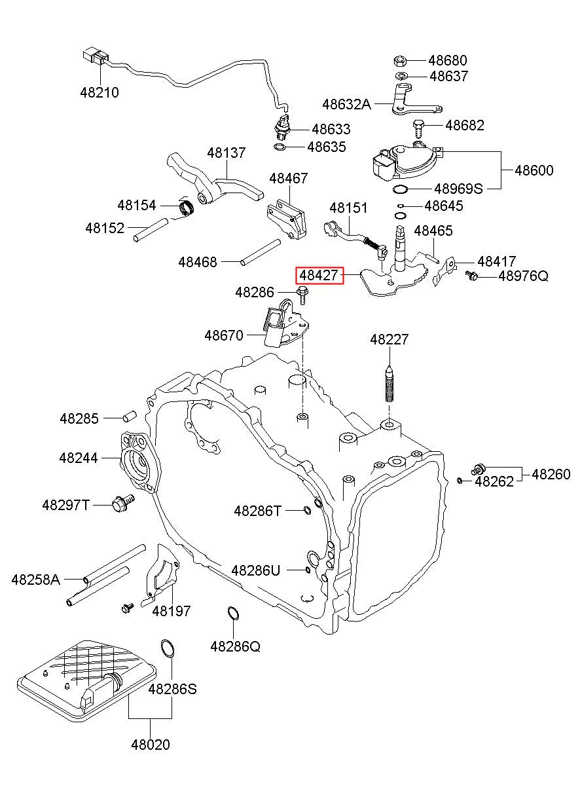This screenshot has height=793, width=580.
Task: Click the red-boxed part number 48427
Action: (x=319, y=276)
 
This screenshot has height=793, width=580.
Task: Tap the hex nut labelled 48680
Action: (x=399, y=61)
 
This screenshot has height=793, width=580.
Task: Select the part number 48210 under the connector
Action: (x=100, y=93)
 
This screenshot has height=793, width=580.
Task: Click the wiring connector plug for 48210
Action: (x=94, y=56)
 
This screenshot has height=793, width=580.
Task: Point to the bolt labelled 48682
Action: (x=418, y=128)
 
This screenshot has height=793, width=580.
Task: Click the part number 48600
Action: (x=534, y=170)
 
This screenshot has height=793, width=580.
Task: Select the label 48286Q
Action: (x=235, y=647)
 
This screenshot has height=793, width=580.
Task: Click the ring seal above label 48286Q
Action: (x=232, y=614)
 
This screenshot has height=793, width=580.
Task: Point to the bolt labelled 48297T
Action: (x=123, y=503)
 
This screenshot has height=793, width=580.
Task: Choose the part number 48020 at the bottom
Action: (x=151, y=745)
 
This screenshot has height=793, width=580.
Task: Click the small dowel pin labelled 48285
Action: (x=130, y=416)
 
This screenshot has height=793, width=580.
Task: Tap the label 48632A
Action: (x=346, y=104)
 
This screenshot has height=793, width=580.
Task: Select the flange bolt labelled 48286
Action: (x=302, y=295)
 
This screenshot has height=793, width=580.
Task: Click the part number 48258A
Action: (x=36, y=580)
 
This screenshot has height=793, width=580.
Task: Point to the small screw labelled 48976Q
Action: (x=472, y=275)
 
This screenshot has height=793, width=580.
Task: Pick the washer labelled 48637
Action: (x=401, y=75)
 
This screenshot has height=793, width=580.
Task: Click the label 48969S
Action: (x=458, y=189)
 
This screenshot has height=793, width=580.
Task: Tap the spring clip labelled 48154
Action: (x=187, y=207)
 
